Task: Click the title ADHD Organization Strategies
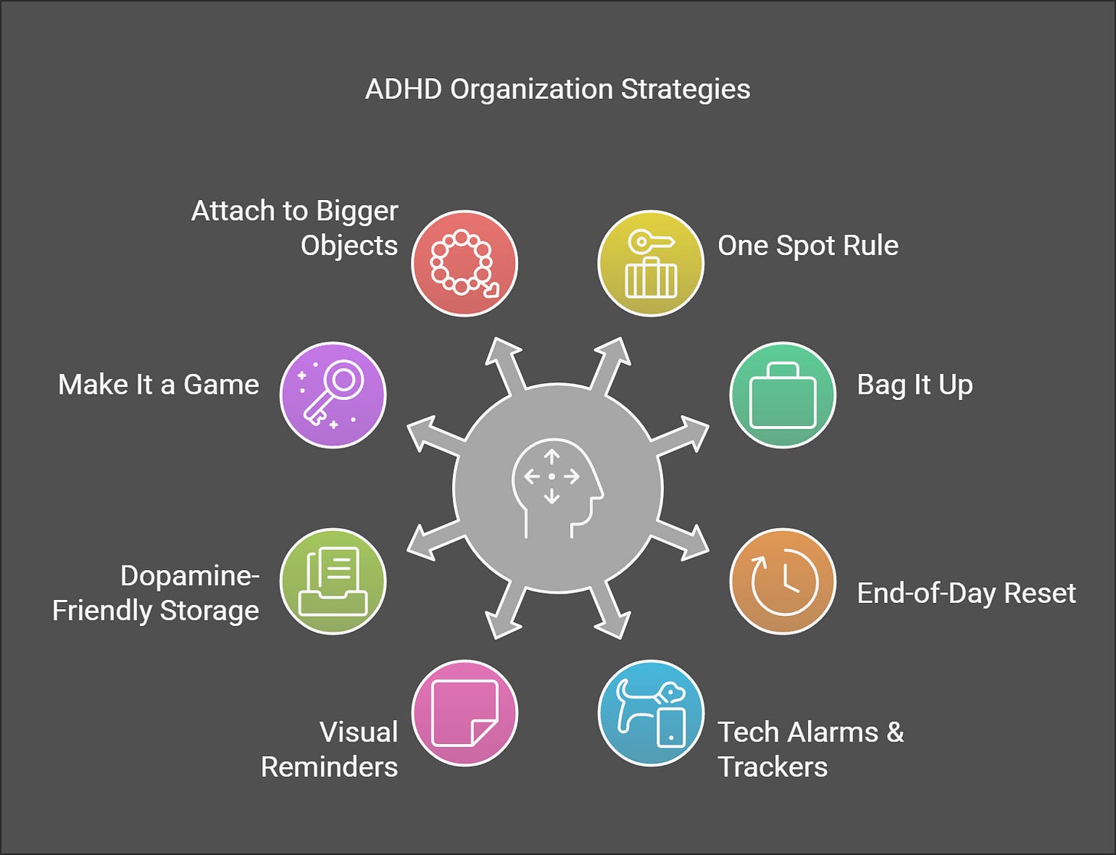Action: coord(557,89)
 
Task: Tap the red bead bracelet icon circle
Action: coord(464,263)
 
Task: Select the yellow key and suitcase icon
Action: coord(651,263)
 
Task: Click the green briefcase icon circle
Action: coord(783,395)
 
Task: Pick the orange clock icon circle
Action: coord(783,581)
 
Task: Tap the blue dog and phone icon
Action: coord(651,713)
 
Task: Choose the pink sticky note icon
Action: coord(464,713)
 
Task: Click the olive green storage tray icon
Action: coord(333,581)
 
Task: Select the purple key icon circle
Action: coord(333,395)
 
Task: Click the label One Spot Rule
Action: coord(808,245)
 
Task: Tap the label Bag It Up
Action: coord(914,385)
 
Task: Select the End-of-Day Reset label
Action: coord(966,593)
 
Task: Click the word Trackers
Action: coord(773,766)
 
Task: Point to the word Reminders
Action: coord(330,766)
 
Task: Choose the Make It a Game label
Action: coord(159,385)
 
